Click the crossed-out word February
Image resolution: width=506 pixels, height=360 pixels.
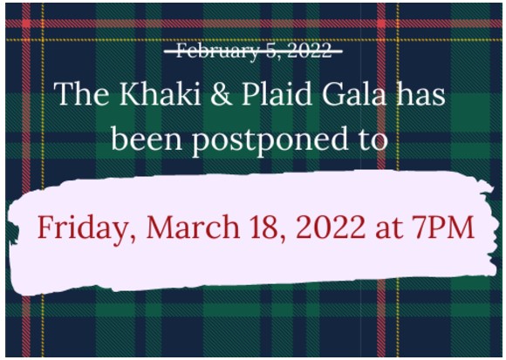coord(217,51)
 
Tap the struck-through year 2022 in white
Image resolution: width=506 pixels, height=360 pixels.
coord(309,51)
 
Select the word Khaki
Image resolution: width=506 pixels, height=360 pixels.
coord(161,94)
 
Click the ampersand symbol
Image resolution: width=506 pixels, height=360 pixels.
coord(221,94)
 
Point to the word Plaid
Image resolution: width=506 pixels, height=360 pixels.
coord(277,94)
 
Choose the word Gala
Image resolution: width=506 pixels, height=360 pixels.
coord(354,94)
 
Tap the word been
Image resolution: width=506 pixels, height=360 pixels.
coord(147,139)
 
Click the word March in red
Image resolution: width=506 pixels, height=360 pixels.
coord(193,227)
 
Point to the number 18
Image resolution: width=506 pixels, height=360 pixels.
coord(265,228)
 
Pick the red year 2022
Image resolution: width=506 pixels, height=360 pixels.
coord(329,227)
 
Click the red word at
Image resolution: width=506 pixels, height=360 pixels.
coord(387,228)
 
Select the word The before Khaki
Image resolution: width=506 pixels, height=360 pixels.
coord(81,94)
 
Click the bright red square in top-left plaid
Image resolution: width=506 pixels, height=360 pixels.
coord(26,24)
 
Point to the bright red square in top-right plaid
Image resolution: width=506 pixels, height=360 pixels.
coord(381,24)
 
